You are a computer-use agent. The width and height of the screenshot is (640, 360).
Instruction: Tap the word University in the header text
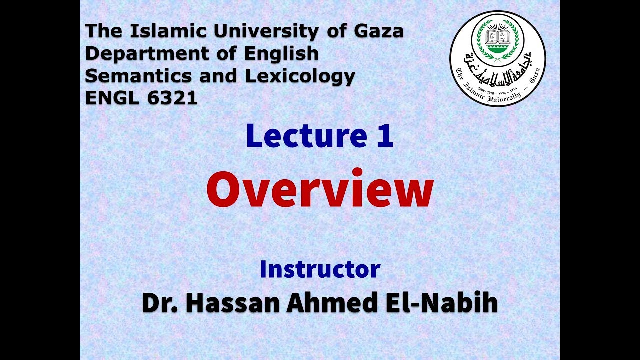264,32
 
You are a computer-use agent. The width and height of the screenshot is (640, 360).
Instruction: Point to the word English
281,54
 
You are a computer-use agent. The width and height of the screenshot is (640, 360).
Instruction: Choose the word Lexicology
299,76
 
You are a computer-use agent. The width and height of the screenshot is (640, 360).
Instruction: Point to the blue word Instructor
320,269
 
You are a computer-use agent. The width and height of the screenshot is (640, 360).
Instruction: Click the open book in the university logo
497,36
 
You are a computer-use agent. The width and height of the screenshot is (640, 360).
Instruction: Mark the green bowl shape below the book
497,50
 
